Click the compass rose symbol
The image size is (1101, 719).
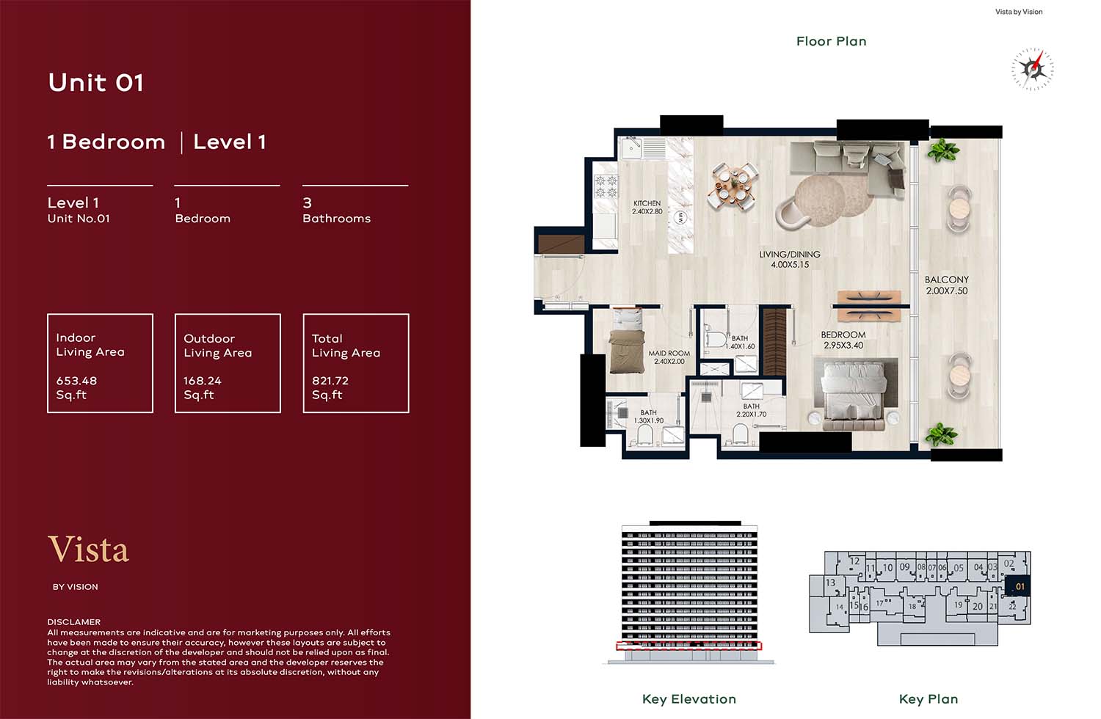(x=1033, y=69)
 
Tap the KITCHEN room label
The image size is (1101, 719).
(x=647, y=203)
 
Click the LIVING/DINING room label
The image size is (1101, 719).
(x=789, y=254)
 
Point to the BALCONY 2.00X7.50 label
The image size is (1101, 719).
(x=947, y=285)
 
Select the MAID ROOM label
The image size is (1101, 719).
(x=669, y=353)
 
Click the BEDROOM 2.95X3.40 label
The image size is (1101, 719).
(x=843, y=340)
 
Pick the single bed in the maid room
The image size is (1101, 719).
(x=627, y=341)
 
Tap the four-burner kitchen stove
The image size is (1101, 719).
(x=606, y=187)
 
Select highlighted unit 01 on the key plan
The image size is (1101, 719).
(x=1017, y=585)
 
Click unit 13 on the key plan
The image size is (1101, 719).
(x=830, y=583)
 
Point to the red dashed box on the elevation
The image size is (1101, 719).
(x=689, y=646)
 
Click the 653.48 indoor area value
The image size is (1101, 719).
(x=76, y=381)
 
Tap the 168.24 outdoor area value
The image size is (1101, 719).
(x=203, y=381)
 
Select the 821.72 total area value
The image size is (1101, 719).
(x=330, y=381)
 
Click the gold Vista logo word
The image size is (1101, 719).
(x=89, y=549)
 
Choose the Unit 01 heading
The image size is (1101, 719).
(x=96, y=83)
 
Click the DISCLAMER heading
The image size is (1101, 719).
(x=73, y=621)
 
